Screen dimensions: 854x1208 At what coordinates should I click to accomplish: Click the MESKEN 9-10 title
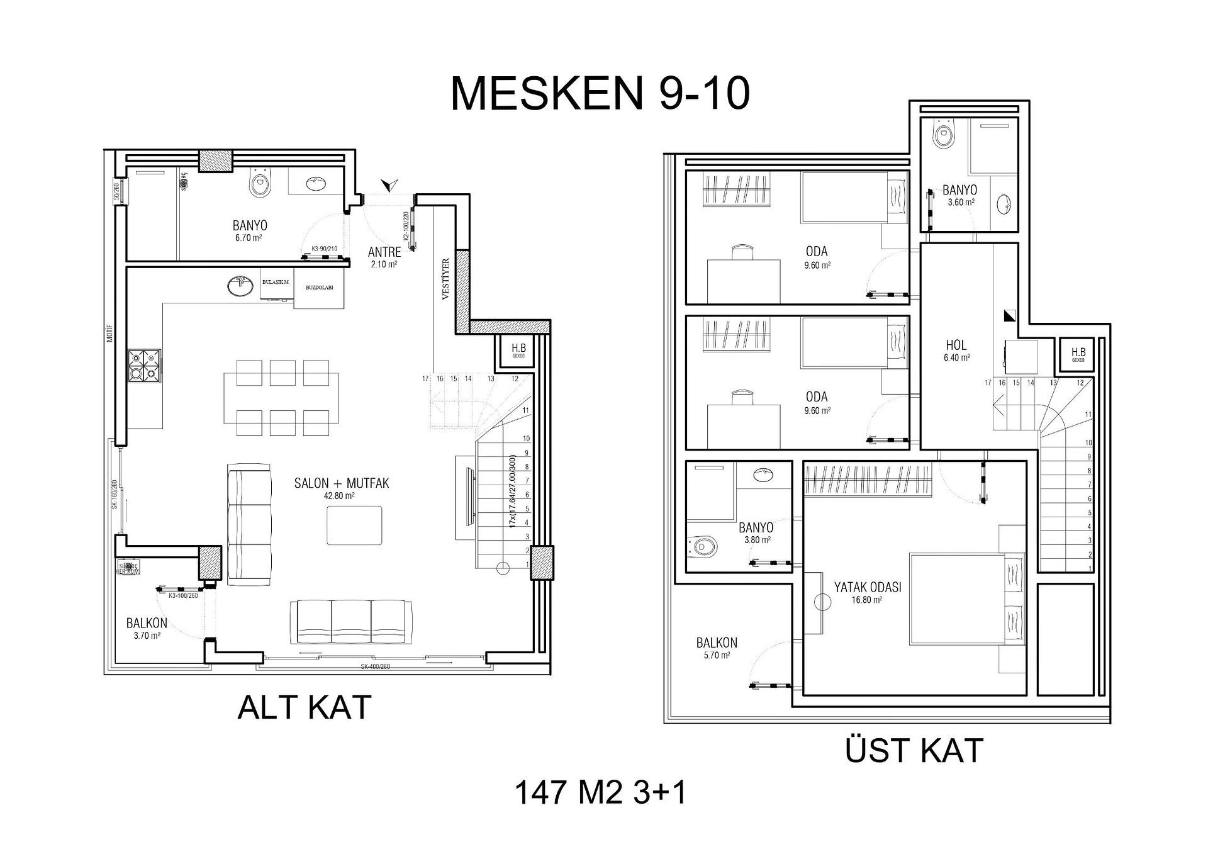click(x=600, y=94)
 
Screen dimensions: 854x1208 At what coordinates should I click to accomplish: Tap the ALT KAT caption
click(x=305, y=707)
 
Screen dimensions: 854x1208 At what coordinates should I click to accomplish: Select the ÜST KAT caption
click(x=914, y=751)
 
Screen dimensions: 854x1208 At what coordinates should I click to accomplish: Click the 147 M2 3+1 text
click(x=600, y=792)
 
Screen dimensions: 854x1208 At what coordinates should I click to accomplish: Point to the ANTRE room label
click(x=384, y=252)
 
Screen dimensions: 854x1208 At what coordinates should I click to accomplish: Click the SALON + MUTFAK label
click(x=342, y=483)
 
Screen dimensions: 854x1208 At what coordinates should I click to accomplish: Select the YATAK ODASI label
click(x=868, y=587)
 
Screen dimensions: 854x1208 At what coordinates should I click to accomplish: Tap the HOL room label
click(x=956, y=346)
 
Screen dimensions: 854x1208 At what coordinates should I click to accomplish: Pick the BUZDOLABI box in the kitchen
click(x=320, y=287)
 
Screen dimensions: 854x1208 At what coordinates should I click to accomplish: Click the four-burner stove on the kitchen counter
click(x=145, y=366)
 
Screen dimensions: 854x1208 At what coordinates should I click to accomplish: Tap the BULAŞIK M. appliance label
click(x=276, y=283)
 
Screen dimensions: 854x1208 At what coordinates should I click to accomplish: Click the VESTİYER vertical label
click(x=445, y=279)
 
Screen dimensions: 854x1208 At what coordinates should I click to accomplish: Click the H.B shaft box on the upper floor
click(x=1078, y=356)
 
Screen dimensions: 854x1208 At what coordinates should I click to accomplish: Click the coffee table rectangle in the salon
click(x=354, y=525)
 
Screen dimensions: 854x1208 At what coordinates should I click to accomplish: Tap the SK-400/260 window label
click(x=376, y=667)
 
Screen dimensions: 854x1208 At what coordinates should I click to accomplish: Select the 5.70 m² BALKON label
click(x=717, y=643)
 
